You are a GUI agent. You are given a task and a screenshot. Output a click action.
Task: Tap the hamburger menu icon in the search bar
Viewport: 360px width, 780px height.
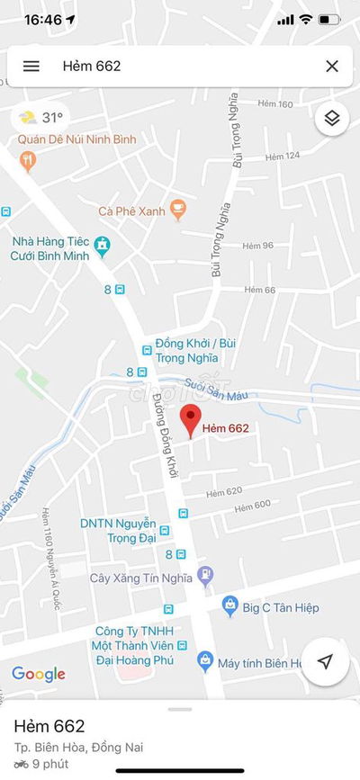click(31, 66)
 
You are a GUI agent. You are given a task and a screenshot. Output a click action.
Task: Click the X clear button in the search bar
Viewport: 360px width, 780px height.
click(332, 66)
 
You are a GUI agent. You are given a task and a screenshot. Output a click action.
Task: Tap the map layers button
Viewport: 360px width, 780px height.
click(332, 119)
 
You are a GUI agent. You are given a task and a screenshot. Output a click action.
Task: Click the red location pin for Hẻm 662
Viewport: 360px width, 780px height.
click(189, 419)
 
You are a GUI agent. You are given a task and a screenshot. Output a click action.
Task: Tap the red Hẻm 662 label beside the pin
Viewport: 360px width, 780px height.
click(225, 428)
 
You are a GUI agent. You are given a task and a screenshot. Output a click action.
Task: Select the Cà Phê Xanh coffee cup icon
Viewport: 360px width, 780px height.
click(178, 210)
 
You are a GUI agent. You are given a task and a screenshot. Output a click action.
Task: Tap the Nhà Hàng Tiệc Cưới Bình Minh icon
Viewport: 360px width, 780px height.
click(103, 243)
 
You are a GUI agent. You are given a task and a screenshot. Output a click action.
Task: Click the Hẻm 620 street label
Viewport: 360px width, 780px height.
click(224, 491)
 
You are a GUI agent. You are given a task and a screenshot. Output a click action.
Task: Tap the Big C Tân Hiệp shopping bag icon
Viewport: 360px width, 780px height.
click(229, 607)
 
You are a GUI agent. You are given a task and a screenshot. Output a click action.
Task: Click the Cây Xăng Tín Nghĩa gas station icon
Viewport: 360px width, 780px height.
click(206, 573)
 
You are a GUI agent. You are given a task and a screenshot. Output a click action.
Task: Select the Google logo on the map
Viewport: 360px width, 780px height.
click(39, 674)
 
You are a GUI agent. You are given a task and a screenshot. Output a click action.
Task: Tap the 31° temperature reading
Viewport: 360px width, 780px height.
click(53, 117)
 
